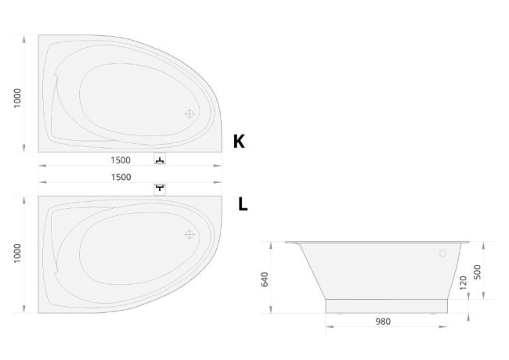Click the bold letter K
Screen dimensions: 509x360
239,141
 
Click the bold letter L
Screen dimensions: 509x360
243,204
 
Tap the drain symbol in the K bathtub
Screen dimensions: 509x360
190,113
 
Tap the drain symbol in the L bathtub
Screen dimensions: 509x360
190,234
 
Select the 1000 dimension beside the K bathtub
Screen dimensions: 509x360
17,98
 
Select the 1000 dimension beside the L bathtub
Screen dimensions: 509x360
17,254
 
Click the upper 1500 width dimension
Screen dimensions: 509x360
121,160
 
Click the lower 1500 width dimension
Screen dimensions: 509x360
121,177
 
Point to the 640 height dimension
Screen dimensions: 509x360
265,279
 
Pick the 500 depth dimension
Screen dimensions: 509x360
477,272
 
